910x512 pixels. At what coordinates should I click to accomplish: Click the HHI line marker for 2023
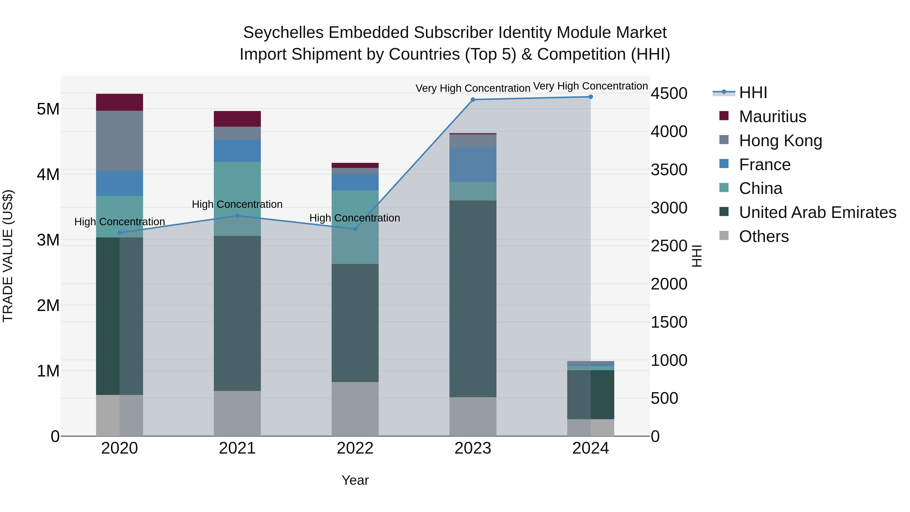pyautogui.click(x=473, y=100)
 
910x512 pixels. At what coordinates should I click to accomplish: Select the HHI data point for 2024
pyautogui.click(x=591, y=97)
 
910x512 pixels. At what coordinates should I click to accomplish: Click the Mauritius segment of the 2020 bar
pyautogui.click(x=119, y=102)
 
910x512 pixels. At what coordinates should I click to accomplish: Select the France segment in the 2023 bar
pyautogui.click(x=473, y=164)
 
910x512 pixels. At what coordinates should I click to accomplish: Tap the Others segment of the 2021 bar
pyautogui.click(x=237, y=413)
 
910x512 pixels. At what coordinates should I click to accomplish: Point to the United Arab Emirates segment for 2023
pyautogui.click(x=473, y=299)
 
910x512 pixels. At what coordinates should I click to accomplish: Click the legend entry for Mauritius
pyautogui.click(x=772, y=117)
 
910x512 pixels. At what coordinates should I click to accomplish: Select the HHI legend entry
pyautogui.click(x=753, y=93)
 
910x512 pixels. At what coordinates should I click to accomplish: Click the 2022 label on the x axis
pyautogui.click(x=355, y=448)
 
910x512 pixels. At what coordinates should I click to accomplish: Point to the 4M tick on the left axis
pyautogui.click(x=48, y=174)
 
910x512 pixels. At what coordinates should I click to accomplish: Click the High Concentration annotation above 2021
pyautogui.click(x=237, y=204)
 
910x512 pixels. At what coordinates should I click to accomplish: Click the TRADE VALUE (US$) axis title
pyautogui.click(x=8, y=256)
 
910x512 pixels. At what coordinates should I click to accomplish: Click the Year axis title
pyautogui.click(x=355, y=480)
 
